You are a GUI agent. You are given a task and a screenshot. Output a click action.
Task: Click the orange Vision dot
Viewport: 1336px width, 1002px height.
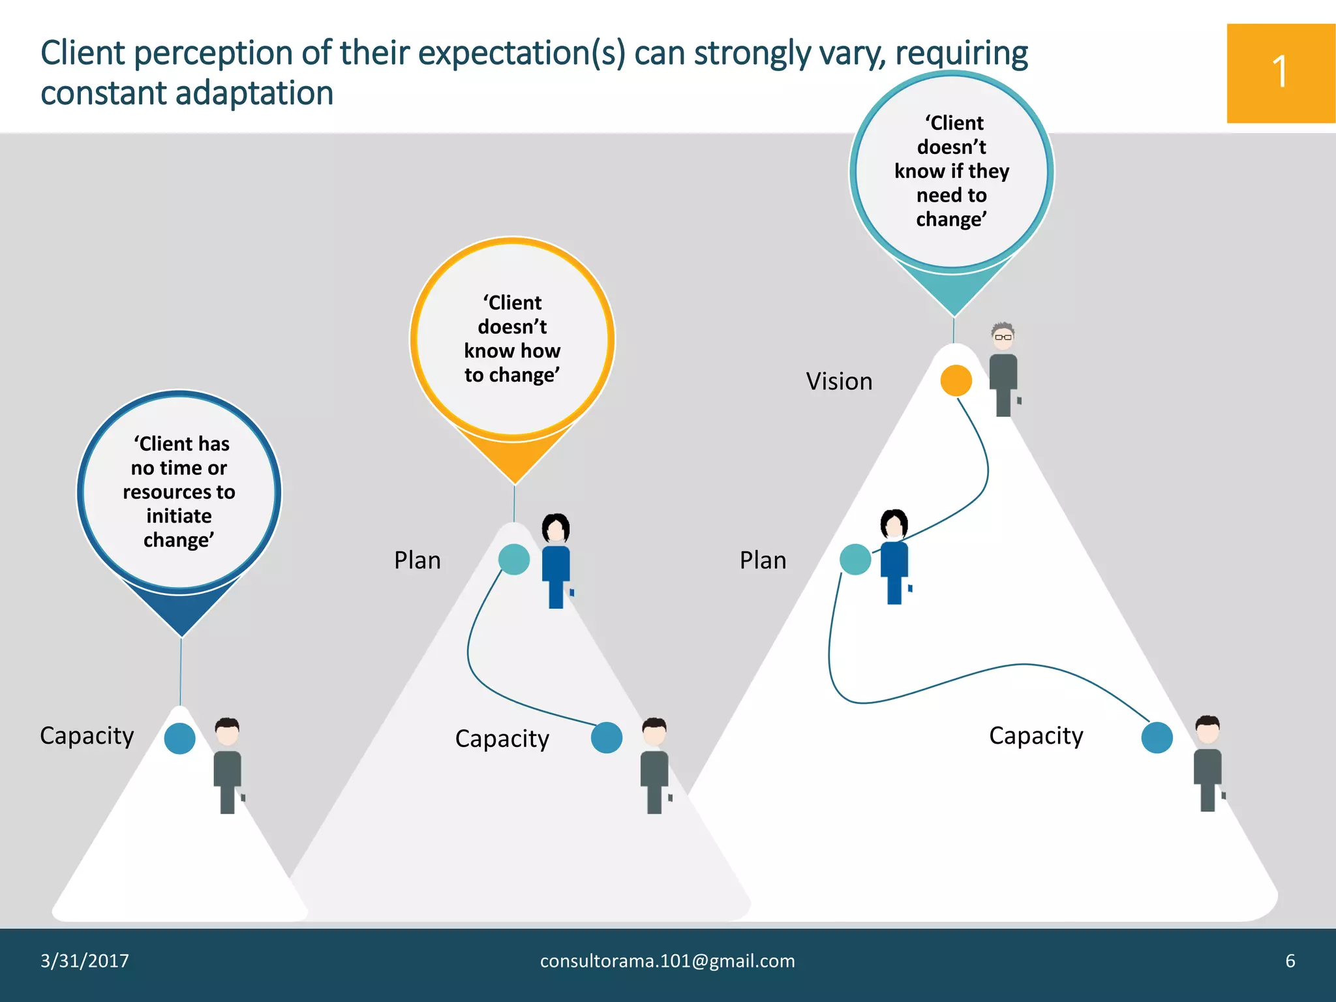[x=956, y=380]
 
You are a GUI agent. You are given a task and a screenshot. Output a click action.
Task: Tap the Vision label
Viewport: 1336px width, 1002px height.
[x=839, y=382]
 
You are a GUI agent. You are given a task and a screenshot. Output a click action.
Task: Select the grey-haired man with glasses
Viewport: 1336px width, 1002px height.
[x=1003, y=369]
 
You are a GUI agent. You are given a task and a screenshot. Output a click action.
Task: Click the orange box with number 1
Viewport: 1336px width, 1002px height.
[x=1281, y=73]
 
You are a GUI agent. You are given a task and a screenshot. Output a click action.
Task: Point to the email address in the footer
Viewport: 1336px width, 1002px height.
[x=667, y=961]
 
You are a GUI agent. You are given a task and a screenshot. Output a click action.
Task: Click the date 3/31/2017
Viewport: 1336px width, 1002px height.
[x=85, y=961]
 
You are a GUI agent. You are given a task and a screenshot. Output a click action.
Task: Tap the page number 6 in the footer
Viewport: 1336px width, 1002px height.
[x=1290, y=961]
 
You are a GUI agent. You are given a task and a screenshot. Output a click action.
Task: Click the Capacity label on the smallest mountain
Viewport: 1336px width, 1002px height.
[x=87, y=736]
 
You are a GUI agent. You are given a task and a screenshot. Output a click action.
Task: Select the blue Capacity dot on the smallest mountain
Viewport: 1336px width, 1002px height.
[x=180, y=738]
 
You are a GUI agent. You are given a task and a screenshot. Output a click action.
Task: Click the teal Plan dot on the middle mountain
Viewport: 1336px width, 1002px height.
[x=514, y=560]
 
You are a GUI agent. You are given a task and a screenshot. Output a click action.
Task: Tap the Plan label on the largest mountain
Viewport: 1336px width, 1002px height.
[x=763, y=560]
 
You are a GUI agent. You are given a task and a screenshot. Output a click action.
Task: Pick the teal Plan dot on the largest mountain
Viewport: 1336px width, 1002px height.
[x=855, y=560]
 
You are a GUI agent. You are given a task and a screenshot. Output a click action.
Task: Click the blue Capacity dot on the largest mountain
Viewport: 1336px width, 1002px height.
[x=1157, y=738]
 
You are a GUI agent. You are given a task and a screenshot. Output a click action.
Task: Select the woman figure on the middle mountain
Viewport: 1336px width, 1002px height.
[x=556, y=561]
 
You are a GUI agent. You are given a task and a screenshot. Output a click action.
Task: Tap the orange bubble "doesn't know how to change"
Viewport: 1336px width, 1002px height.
[x=513, y=339]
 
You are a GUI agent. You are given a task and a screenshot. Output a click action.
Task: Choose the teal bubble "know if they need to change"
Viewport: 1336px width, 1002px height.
[x=952, y=172]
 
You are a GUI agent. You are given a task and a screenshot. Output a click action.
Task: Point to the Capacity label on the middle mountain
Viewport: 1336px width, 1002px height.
[x=502, y=739]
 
